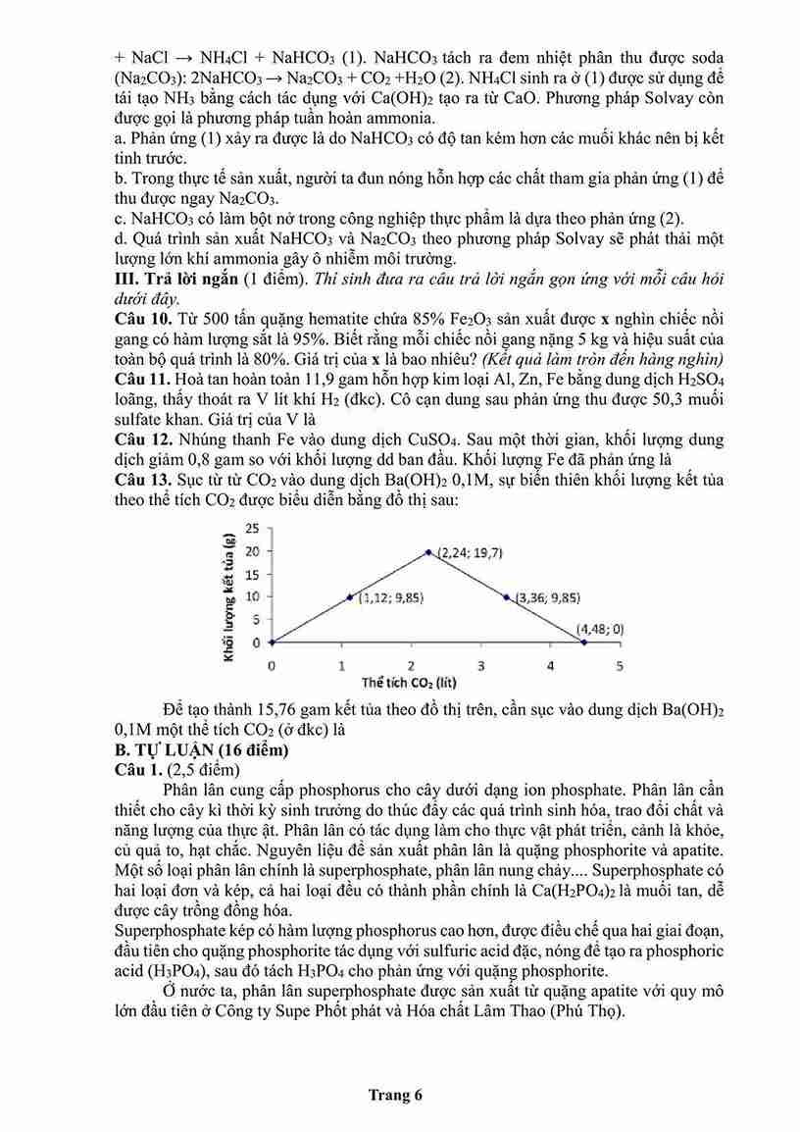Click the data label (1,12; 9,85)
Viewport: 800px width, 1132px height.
coord(391,596)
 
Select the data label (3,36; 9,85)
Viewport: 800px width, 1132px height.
coord(547,596)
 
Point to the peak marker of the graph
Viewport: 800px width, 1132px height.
coord(428,551)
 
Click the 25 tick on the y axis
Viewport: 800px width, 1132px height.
coord(253,528)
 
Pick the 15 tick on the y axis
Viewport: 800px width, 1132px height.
coord(253,574)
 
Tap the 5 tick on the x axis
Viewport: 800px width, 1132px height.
coord(619,666)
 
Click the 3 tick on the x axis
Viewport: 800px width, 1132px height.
coord(480,666)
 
